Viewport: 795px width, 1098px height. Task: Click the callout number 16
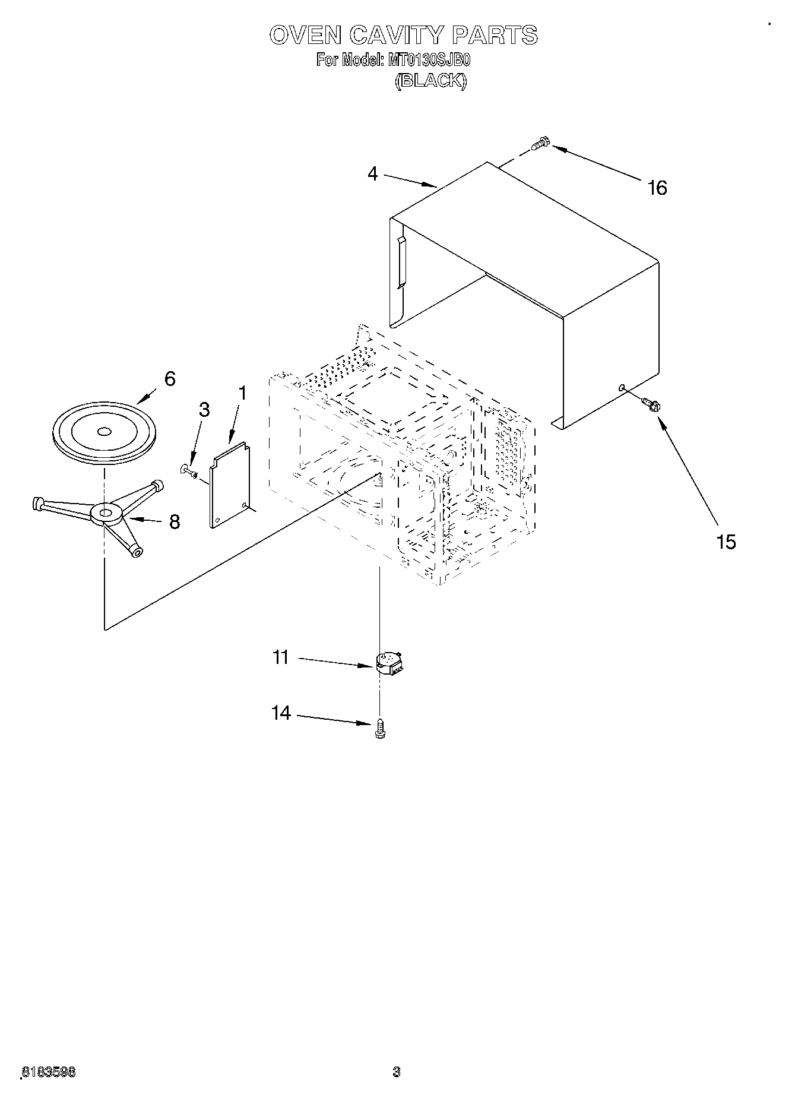point(657,188)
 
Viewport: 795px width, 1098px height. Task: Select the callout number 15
point(726,542)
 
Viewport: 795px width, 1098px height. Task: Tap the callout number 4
point(372,174)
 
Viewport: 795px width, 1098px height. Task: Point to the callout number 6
point(170,379)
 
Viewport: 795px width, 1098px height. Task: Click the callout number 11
point(280,657)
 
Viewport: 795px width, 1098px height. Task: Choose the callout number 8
point(174,521)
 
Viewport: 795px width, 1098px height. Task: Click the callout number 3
point(204,410)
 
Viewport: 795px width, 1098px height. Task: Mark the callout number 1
point(242,393)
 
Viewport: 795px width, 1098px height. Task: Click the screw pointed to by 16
point(541,143)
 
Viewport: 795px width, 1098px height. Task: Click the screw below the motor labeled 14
point(381,728)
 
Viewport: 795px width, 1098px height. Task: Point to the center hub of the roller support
point(106,512)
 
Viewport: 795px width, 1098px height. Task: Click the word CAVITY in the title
point(397,35)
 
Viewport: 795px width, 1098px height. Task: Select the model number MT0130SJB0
point(429,61)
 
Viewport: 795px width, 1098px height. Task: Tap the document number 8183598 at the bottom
point(49,1072)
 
